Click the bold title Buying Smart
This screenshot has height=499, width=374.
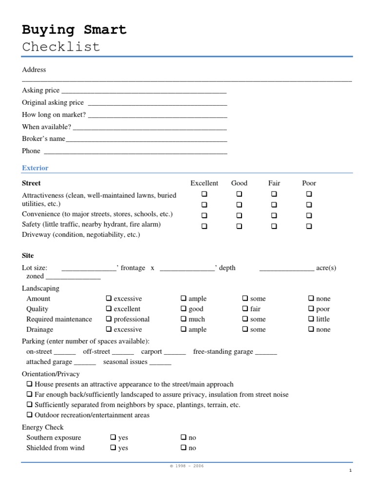(x=74, y=30)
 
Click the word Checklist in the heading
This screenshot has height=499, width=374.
(x=61, y=47)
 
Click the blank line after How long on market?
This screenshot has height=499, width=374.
(x=157, y=115)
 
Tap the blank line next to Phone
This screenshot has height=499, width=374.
(x=135, y=152)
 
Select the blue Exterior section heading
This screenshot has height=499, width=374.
(x=35, y=168)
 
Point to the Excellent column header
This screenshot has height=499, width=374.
(x=204, y=183)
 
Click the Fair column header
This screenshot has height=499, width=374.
(x=274, y=183)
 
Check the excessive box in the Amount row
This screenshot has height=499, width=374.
(x=109, y=298)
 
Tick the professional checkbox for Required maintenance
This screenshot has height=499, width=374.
(x=109, y=319)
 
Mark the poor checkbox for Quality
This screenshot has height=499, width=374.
(x=311, y=309)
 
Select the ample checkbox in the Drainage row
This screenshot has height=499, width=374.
(x=184, y=329)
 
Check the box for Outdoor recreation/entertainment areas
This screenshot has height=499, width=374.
(x=30, y=415)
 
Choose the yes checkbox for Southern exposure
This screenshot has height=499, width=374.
(x=113, y=438)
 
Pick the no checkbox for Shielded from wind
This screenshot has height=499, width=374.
(x=184, y=448)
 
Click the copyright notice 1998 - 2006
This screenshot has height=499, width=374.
(x=187, y=466)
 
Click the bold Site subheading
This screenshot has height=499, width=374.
(x=28, y=256)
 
